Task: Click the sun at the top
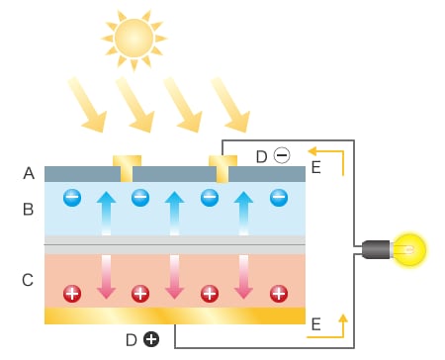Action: click(133, 38)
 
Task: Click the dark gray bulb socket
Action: click(375, 249)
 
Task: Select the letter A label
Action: click(29, 174)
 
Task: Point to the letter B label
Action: click(29, 209)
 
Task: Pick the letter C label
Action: click(29, 281)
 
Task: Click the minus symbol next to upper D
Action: click(281, 156)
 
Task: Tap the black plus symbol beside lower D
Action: click(150, 339)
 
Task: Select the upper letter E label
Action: click(315, 168)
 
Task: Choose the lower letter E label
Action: click(315, 324)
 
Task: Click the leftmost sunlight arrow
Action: click(86, 104)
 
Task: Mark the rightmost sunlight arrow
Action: click(228, 104)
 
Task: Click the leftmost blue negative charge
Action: click(72, 198)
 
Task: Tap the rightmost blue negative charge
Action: click(278, 198)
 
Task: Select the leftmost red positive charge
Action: click(72, 293)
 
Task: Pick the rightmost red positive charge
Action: click(279, 293)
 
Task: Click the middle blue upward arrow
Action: click(174, 212)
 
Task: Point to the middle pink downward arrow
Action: click(174, 276)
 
